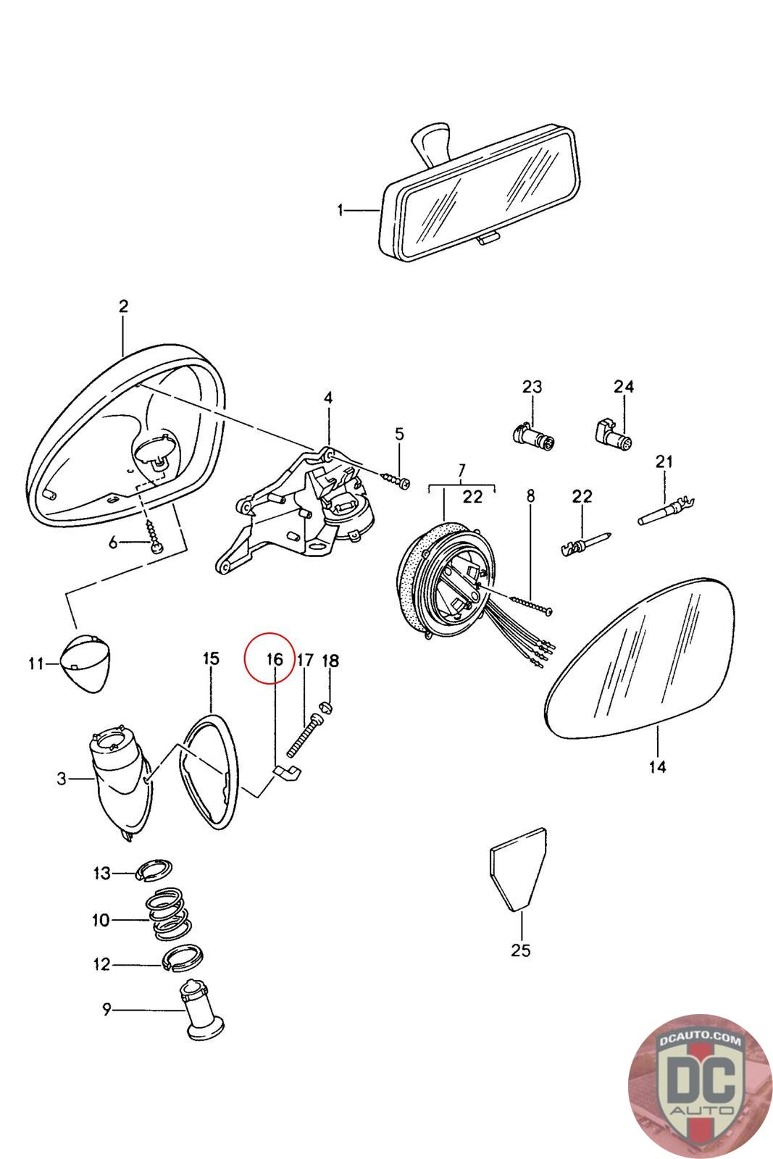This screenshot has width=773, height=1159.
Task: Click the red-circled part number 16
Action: click(274, 659)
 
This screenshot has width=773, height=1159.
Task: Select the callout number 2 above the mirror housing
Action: click(123, 306)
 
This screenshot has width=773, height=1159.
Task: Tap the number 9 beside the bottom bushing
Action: click(106, 1008)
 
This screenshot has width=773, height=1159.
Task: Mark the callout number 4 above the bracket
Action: click(328, 398)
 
